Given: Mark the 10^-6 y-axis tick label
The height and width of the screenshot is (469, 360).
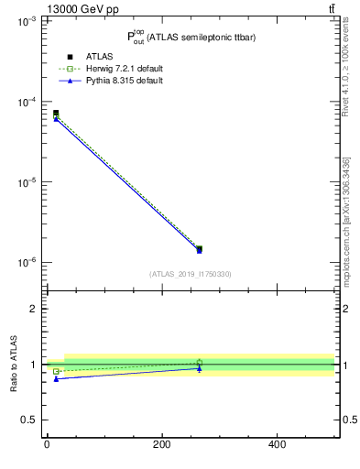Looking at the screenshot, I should [x=25, y=263].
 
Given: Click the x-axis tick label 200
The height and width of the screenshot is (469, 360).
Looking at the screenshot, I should [x=161, y=444].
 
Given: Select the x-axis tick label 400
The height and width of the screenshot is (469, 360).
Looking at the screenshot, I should [x=277, y=444].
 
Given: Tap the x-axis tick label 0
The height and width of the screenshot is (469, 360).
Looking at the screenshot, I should [x=47, y=444].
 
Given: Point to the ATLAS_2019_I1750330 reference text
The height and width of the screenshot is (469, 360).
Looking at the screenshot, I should [x=191, y=274].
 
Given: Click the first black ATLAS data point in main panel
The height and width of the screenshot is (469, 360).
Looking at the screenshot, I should [x=56, y=113].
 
